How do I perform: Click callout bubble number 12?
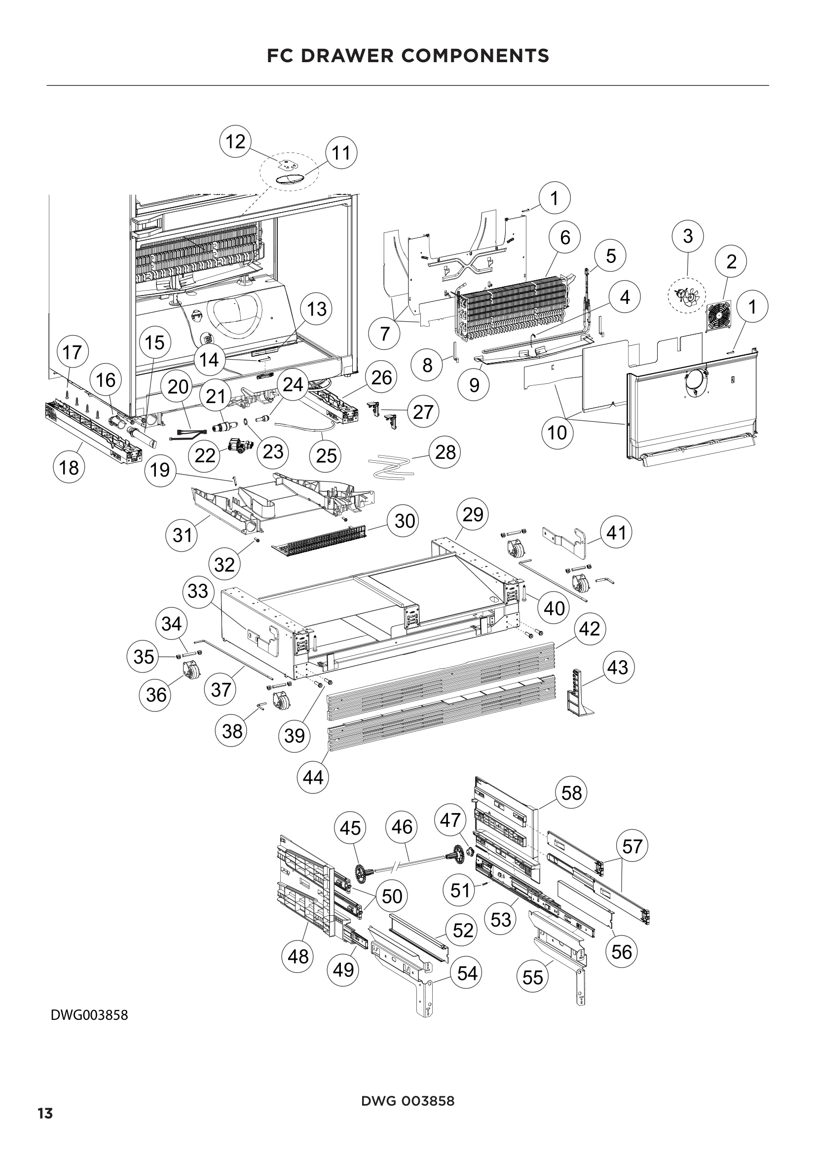pyautogui.click(x=235, y=142)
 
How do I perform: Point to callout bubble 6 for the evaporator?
pyautogui.click(x=565, y=237)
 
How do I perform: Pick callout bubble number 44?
pyautogui.click(x=313, y=778)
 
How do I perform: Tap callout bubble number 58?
pyautogui.click(x=571, y=793)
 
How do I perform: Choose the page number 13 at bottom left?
pyautogui.click(x=45, y=1113)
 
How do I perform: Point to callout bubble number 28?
pyautogui.click(x=445, y=452)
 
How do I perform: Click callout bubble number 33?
pyautogui.click(x=198, y=591)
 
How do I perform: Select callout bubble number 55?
pyautogui.click(x=533, y=977)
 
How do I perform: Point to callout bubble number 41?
pyautogui.click(x=617, y=532)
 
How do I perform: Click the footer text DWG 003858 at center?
pyautogui.click(x=408, y=1101)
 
